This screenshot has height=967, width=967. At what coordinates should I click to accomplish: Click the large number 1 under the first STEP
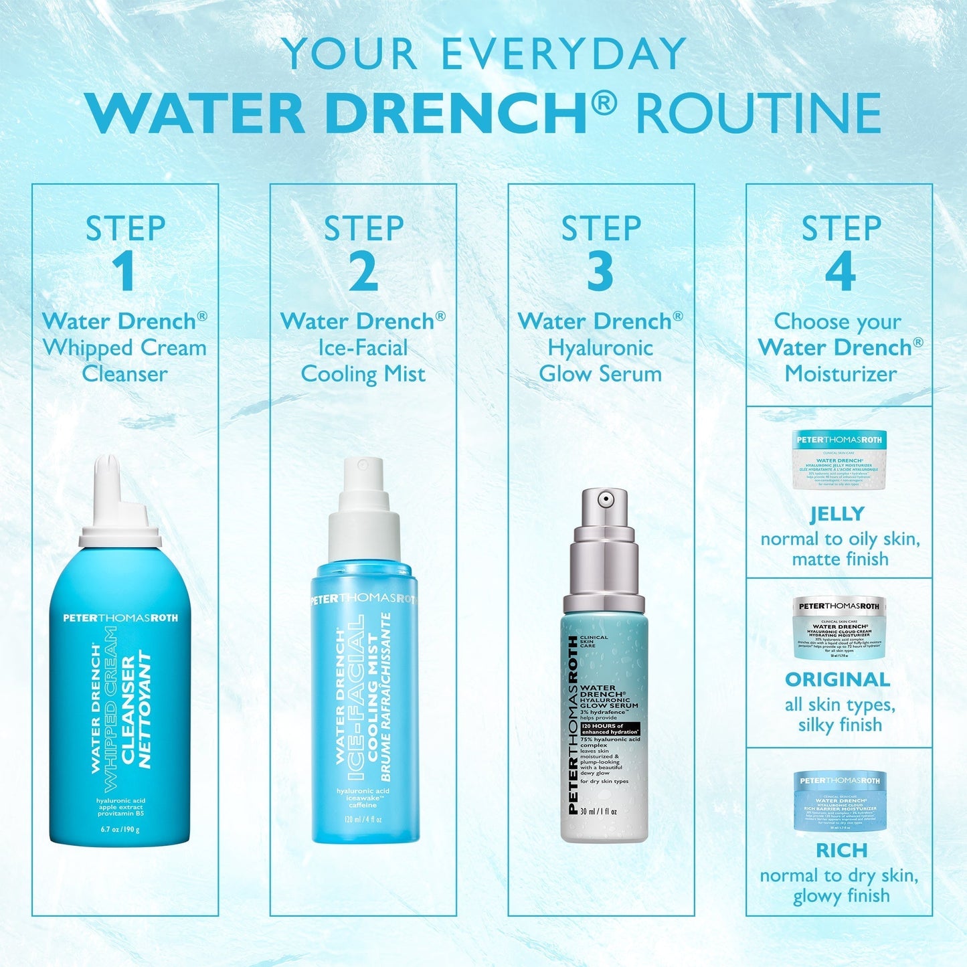[123, 272]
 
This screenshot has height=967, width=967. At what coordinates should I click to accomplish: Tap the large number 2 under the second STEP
[363, 272]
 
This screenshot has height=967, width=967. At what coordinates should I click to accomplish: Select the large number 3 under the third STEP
[600, 272]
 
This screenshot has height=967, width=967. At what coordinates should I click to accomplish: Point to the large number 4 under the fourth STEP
[840, 272]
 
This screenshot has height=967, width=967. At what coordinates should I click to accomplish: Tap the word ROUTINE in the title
[758, 114]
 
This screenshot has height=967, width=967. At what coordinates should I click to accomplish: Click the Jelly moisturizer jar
[840, 459]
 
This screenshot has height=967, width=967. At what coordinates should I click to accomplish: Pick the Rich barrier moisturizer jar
[840, 801]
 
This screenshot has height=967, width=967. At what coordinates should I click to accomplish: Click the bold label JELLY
[837, 514]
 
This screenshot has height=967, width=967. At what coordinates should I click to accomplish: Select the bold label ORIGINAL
[837, 680]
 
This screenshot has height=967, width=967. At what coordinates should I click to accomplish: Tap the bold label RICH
[841, 851]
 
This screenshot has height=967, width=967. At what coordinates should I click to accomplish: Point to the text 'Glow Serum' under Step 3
[600, 374]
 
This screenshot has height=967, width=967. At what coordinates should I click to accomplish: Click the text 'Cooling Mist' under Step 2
[363, 374]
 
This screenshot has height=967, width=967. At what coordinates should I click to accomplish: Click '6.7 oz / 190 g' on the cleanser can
[120, 830]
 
